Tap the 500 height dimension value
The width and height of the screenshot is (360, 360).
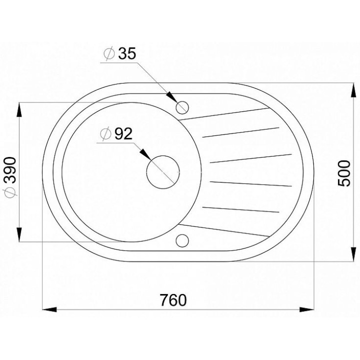pos(344,173)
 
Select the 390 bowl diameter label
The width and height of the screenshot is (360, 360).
pos(10,170)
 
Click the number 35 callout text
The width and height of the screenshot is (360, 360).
pos(127,53)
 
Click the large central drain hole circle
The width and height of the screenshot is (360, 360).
pos(163,156)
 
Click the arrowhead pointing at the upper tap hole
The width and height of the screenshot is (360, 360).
pos(171,97)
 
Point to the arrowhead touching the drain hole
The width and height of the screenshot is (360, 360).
pos(145,154)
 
